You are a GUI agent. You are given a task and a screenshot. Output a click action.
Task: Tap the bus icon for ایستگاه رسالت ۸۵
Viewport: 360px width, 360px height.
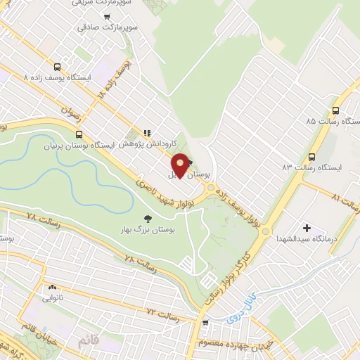[335, 110]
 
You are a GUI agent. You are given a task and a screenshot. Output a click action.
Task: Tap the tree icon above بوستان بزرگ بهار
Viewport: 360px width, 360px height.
[147, 218]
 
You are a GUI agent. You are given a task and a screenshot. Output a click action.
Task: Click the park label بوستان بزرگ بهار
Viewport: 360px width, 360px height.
[147, 229]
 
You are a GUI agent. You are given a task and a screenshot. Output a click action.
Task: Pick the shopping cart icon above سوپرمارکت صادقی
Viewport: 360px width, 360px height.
[106, 17]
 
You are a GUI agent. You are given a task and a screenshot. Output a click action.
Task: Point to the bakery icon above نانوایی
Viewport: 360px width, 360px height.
[52, 288]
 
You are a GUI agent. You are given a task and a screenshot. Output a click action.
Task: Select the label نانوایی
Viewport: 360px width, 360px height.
[52, 299]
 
